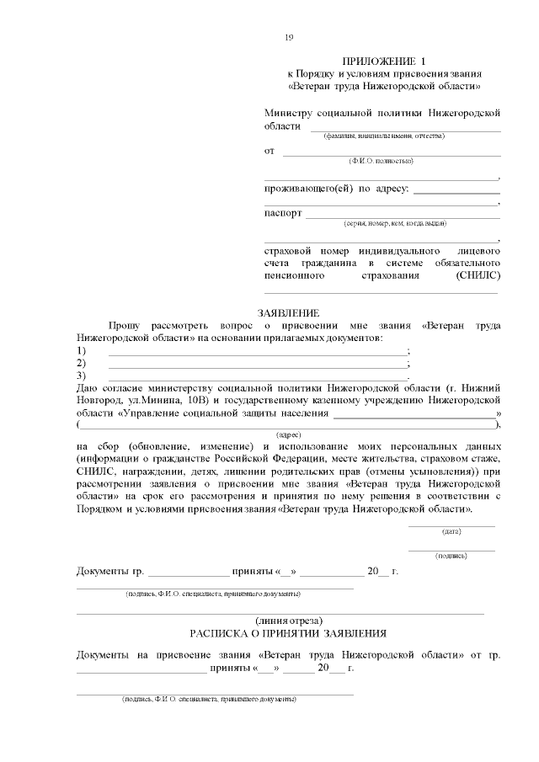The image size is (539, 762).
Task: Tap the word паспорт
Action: [x=283, y=213]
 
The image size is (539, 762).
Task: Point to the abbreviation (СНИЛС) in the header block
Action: [x=478, y=275]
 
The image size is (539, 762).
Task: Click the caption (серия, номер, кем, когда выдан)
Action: [x=395, y=224]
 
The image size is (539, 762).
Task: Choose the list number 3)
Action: [x=82, y=375]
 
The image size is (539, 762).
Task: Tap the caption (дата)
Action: [x=451, y=531]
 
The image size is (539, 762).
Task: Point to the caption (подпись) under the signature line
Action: [x=451, y=556]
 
